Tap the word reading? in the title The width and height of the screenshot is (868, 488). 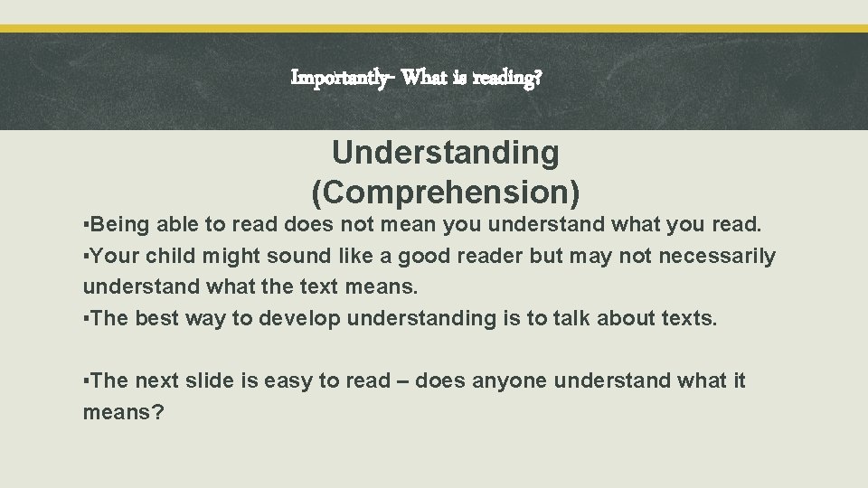click(x=503, y=79)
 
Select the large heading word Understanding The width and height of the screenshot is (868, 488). click(x=446, y=154)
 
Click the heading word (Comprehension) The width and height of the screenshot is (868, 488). click(x=446, y=192)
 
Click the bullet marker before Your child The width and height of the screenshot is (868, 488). click(x=87, y=257)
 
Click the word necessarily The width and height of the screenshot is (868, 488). click(x=717, y=257)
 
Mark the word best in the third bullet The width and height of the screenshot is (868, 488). click(x=156, y=317)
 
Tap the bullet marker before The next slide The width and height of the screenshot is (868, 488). click(x=87, y=381)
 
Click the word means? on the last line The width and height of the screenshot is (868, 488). click(x=123, y=412)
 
